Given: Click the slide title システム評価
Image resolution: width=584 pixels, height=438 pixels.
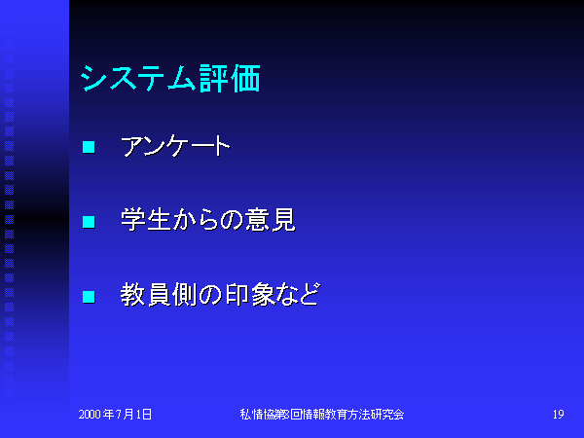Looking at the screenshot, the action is pyautogui.click(x=170, y=78).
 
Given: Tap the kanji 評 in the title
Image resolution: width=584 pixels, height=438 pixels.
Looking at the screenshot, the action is pyautogui.click(x=214, y=78).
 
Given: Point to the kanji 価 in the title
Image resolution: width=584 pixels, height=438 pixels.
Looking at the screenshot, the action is pyautogui.click(x=245, y=78).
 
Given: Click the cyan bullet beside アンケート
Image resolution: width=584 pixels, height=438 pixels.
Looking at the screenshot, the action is pyautogui.click(x=89, y=147).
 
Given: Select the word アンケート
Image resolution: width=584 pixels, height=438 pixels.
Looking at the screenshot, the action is pyautogui.click(x=175, y=146).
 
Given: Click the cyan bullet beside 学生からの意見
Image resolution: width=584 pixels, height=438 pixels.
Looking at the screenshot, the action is pyautogui.click(x=89, y=222).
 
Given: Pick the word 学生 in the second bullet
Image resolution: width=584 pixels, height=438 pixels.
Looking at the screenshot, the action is pyautogui.click(x=145, y=220).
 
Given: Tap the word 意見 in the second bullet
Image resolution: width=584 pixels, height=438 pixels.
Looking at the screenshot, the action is pyautogui.click(x=271, y=220).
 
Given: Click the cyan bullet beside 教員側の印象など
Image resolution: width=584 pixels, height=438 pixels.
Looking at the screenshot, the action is pyautogui.click(x=89, y=297).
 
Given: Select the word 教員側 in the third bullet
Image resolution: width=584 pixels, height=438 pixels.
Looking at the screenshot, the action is pyautogui.click(x=159, y=295).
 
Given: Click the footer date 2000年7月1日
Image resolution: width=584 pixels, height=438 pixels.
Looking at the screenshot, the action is pyautogui.click(x=115, y=415).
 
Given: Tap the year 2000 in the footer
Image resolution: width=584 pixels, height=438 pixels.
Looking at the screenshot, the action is pyautogui.click(x=90, y=415).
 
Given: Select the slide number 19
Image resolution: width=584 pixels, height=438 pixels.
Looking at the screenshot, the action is pyautogui.click(x=559, y=415).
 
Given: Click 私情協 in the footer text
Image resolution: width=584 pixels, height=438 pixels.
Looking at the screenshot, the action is pyautogui.click(x=257, y=415).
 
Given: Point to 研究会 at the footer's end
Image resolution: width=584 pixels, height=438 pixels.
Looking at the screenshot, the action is pyautogui.click(x=386, y=415).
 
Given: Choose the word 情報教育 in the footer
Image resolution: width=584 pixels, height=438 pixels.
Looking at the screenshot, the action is pyautogui.click(x=324, y=415).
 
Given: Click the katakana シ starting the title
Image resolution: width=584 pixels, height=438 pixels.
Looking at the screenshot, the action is pyautogui.click(x=93, y=79).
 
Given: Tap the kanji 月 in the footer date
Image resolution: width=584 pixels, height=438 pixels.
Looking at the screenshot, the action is pyautogui.click(x=128, y=415).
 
